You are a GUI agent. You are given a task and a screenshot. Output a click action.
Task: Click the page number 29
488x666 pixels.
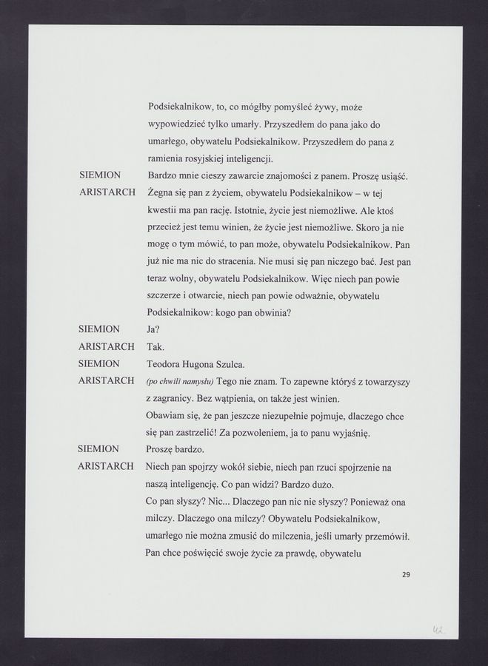point(406,574)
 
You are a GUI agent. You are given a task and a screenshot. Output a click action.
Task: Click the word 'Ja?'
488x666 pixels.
point(155,329)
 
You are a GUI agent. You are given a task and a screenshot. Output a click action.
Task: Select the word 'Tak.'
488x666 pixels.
point(157,346)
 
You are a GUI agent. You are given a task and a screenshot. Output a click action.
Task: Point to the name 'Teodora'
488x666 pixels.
point(167,364)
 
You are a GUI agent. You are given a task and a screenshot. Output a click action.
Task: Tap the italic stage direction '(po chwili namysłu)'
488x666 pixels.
point(180,382)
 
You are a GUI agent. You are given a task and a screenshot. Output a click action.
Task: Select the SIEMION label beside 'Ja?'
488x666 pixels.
point(98,329)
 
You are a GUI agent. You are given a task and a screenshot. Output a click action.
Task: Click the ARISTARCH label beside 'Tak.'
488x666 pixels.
point(106,346)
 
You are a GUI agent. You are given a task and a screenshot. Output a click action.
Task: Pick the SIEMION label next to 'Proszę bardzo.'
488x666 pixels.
point(98,449)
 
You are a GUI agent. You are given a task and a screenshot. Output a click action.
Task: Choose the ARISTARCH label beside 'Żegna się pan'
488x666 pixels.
point(106,193)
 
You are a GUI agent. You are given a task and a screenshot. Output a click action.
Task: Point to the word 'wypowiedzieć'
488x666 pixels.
point(181,124)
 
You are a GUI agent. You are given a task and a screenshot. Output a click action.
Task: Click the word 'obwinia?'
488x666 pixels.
point(270,312)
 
